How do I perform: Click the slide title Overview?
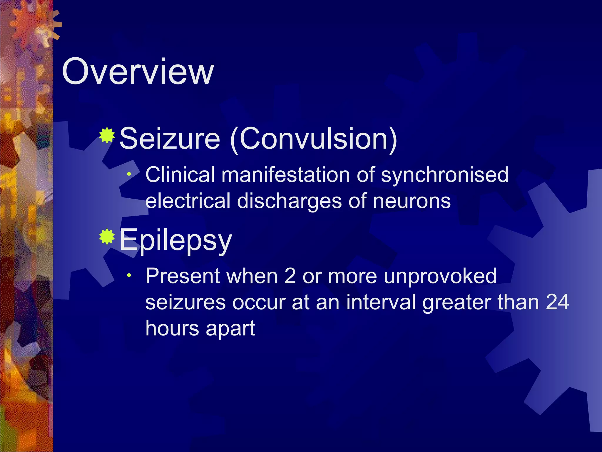(138, 72)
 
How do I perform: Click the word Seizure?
(170, 139)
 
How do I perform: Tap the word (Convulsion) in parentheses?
(314, 139)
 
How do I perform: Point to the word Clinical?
(180, 175)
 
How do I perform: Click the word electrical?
(188, 201)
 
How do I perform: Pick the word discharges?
(289, 202)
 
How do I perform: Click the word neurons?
(412, 202)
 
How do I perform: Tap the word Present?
(183, 276)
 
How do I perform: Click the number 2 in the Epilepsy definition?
(290, 276)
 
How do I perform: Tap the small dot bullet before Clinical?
(129, 174)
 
